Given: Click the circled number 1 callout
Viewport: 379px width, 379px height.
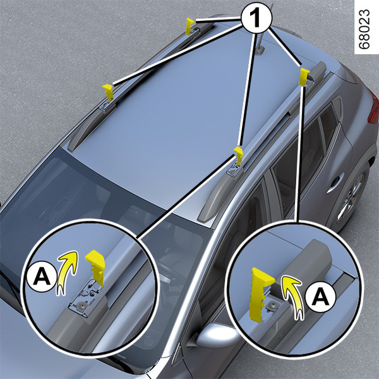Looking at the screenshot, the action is (x=256, y=18).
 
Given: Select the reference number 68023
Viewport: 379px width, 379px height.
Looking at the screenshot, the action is (x=364, y=30).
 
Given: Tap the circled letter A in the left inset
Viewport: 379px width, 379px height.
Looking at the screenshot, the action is (x=42, y=276).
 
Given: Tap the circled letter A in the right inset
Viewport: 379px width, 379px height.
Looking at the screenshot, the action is (x=320, y=297).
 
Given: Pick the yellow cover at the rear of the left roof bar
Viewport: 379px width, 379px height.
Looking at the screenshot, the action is (x=189, y=26).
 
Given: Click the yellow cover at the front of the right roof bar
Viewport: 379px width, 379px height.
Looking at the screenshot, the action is (x=239, y=155).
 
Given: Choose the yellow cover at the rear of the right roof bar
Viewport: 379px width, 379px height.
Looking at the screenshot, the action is (x=304, y=77).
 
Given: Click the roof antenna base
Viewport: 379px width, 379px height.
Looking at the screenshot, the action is (x=260, y=51).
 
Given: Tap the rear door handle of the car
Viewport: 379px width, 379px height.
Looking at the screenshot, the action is (x=335, y=181).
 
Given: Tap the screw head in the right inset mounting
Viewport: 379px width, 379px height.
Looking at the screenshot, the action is (x=269, y=306).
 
